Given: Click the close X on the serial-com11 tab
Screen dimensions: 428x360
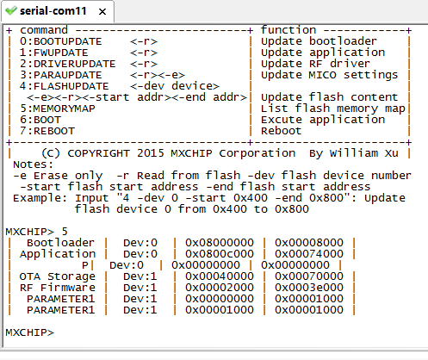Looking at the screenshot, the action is (102, 12).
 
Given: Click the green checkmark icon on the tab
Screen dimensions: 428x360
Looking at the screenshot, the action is (11, 11).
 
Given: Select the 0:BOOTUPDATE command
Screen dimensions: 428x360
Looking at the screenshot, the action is (61, 41).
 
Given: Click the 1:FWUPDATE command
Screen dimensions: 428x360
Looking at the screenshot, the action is (54, 53).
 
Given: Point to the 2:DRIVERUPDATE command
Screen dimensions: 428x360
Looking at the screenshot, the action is (68, 64).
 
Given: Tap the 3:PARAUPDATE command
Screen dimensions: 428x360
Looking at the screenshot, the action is (61, 75).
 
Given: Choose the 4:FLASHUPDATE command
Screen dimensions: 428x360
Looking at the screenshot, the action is (65, 86).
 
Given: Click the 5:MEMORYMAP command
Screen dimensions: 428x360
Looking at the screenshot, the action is (58, 109).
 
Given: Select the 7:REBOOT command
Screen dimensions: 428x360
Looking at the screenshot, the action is (47, 131).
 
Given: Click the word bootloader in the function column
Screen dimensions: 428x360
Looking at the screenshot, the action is (343, 41).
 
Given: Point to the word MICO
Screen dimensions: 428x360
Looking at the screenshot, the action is (322, 75).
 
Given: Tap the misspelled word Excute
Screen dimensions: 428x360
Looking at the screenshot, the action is (282, 120).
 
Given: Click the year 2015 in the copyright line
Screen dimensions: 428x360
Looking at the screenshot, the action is (150, 153).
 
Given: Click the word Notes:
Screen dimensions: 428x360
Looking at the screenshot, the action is (33, 164).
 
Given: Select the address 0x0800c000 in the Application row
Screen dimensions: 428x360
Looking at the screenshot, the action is (220, 254).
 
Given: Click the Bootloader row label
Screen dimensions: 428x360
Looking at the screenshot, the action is (60, 243).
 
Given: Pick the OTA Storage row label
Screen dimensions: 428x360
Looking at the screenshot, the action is (57, 276).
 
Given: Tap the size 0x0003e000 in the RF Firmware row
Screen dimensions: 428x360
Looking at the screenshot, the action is (309, 288).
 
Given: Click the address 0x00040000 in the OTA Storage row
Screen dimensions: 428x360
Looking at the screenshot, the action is (220, 276).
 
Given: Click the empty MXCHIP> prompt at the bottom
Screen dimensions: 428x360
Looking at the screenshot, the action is (29, 332).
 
